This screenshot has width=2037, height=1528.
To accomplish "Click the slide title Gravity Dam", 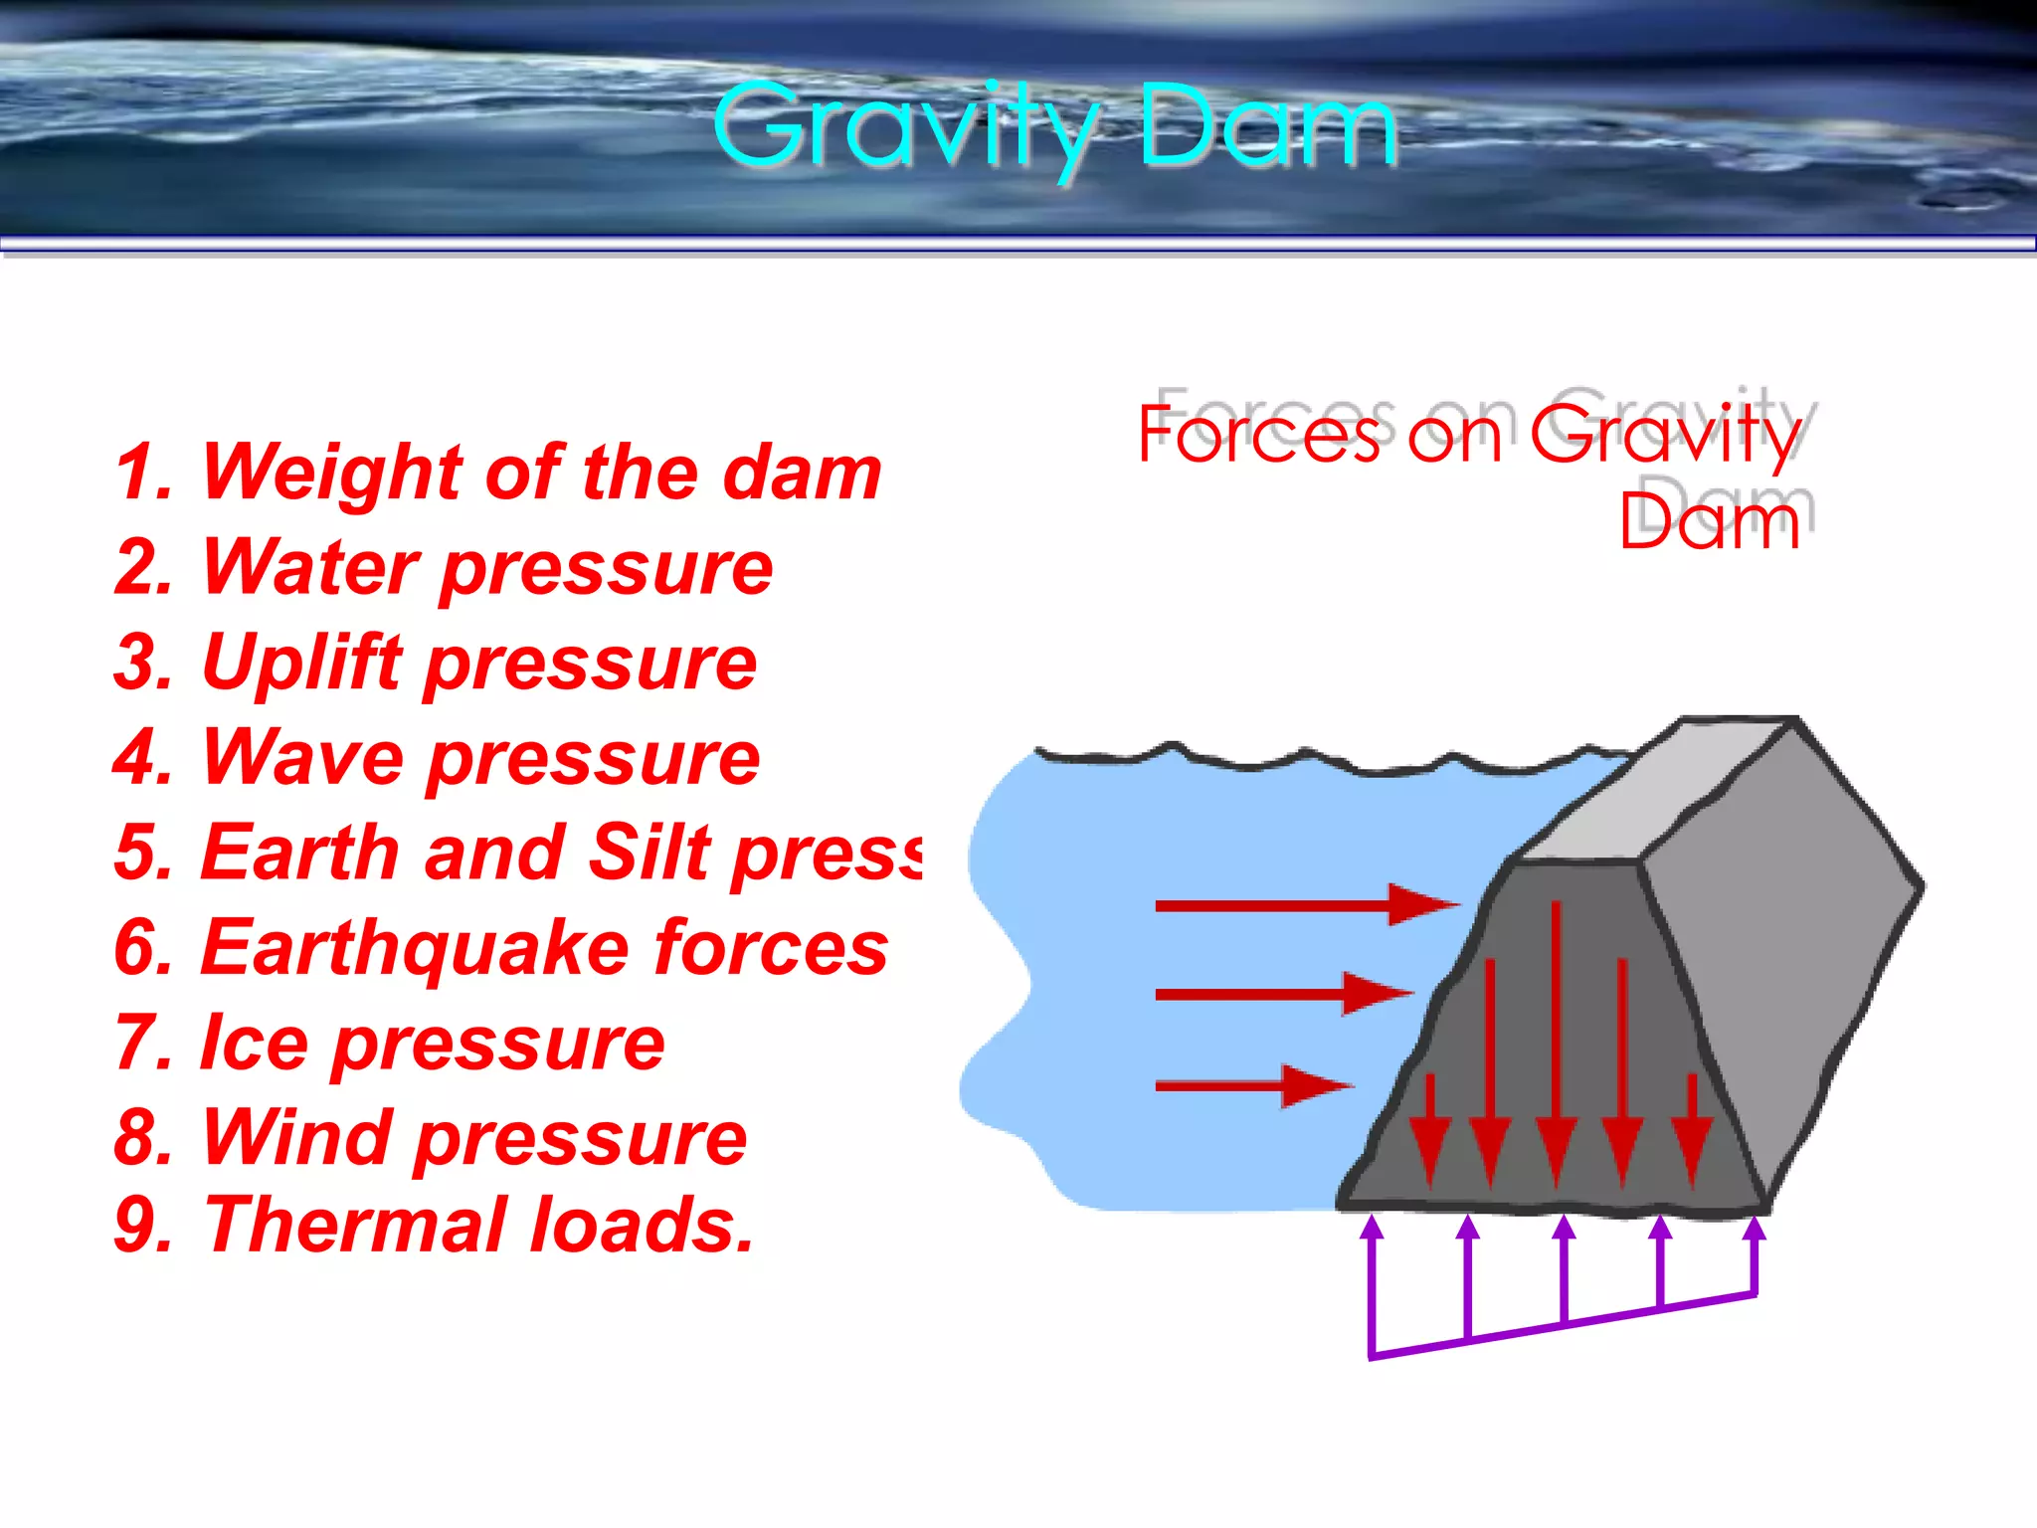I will click(1054, 127).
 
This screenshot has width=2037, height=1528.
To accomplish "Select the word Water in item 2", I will click(309, 567).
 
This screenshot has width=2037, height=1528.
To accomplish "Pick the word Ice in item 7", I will click(254, 1043).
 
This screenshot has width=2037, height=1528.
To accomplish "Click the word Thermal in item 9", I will click(354, 1225).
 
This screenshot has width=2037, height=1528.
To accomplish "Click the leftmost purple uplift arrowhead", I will click(1372, 1228).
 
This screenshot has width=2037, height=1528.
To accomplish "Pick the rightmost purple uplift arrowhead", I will click(1756, 1229).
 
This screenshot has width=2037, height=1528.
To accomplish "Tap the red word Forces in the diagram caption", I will click(1259, 435).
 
